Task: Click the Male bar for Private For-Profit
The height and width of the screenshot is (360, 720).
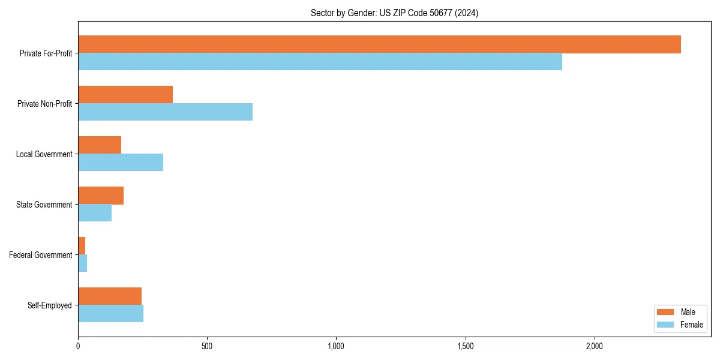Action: [x=379, y=44]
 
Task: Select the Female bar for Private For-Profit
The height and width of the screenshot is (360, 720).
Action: [x=320, y=62]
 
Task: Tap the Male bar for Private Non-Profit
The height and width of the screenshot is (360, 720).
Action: [x=125, y=95]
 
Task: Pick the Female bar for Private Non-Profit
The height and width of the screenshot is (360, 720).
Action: [x=165, y=112]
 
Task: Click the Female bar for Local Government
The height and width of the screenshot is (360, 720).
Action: [x=121, y=163]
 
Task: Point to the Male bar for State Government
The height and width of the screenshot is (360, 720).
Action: [x=101, y=196]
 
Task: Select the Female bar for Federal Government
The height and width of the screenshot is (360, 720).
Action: [x=83, y=263]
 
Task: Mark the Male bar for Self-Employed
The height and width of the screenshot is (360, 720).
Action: [x=110, y=296]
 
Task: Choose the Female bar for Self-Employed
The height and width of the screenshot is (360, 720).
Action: [x=110, y=314]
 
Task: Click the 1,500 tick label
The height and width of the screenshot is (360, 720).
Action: [x=466, y=346]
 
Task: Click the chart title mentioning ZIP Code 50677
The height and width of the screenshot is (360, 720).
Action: [x=394, y=13]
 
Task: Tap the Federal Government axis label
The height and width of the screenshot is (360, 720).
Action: [x=40, y=255]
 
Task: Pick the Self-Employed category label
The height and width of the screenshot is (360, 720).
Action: [x=50, y=305]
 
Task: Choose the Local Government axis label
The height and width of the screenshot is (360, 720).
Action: [x=44, y=154]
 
